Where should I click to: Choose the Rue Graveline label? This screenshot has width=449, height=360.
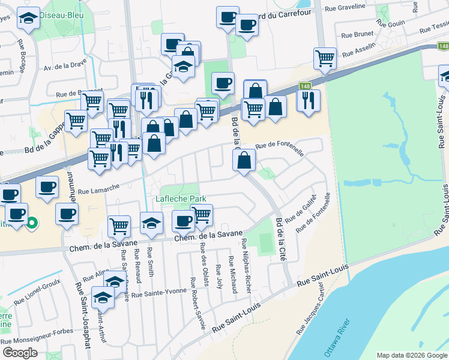coord(345,8)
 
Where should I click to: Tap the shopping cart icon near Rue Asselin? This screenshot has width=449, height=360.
coord(325,58)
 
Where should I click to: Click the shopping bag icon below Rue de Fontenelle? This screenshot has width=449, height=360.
coord(244,160)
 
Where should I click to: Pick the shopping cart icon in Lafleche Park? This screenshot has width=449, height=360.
coord(201,214)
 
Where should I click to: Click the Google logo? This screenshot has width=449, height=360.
coord(20,352)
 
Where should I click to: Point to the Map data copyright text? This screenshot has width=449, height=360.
coord(412,355)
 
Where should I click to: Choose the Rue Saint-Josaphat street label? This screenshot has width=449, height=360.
coord(83,314)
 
